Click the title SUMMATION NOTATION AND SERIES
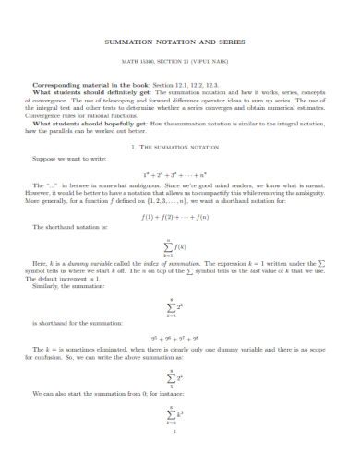[179, 42]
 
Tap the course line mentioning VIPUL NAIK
[179, 62]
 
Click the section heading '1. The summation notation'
[179, 147]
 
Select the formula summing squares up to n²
[179, 173]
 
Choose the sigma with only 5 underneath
[173, 377]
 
